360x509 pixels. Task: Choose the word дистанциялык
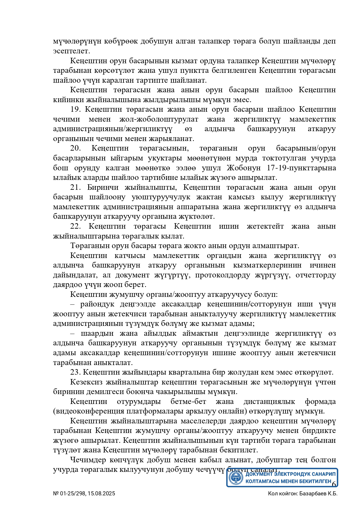pyautogui.click(x=269, y=402)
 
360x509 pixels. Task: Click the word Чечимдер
pyautogui.click(x=88, y=460)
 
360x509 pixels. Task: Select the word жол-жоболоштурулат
pyautogui.click(x=159, y=119)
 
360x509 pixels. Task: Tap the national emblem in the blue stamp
pyautogui.click(x=236, y=478)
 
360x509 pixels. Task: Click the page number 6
pyautogui.click(x=334, y=484)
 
